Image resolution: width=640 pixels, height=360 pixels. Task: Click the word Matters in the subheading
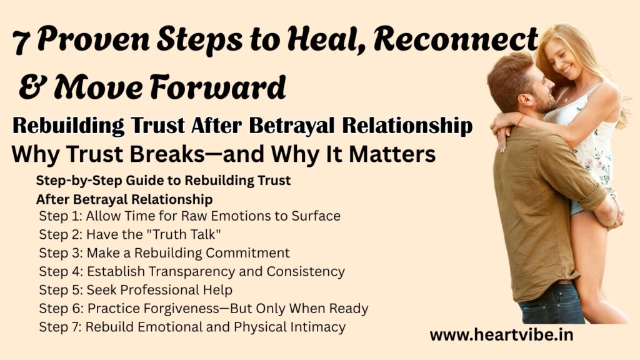(x=392, y=154)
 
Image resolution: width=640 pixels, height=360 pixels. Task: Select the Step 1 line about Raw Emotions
(x=190, y=216)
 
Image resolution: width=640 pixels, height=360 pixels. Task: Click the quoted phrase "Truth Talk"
(x=182, y=234)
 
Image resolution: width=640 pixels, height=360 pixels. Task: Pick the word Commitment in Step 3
(x=247, y=252)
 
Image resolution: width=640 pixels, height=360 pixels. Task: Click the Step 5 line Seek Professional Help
(x=136, y=290)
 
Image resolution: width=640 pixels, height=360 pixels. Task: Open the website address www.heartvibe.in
(x=501, y=335)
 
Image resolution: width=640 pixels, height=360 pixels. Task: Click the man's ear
(x=524, y=99)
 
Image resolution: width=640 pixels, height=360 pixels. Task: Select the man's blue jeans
(x=551, y=304)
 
